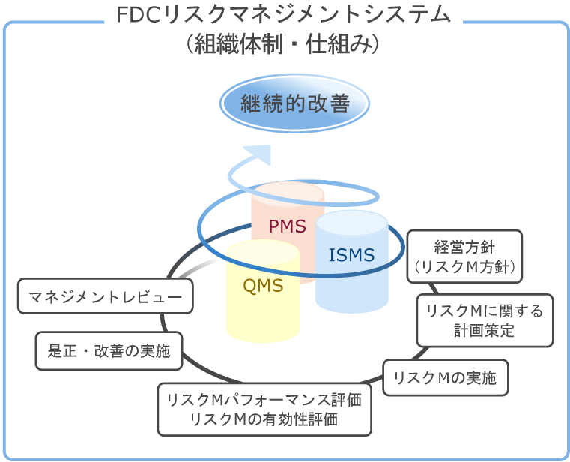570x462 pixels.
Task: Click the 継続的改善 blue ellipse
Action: coord(295,104)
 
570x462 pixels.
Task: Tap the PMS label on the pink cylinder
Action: coord(288,226)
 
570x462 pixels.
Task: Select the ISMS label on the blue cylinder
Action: coord(351,255)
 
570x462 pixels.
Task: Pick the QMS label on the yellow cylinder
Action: coord(263,285)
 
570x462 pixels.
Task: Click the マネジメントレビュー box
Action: coord(106,297)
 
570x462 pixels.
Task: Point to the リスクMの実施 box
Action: coord(445,377)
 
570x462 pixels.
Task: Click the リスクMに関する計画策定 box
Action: coord(485,320)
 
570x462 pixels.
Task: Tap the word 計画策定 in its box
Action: coord(485,330)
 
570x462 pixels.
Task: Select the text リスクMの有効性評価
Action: coord(264,418)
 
